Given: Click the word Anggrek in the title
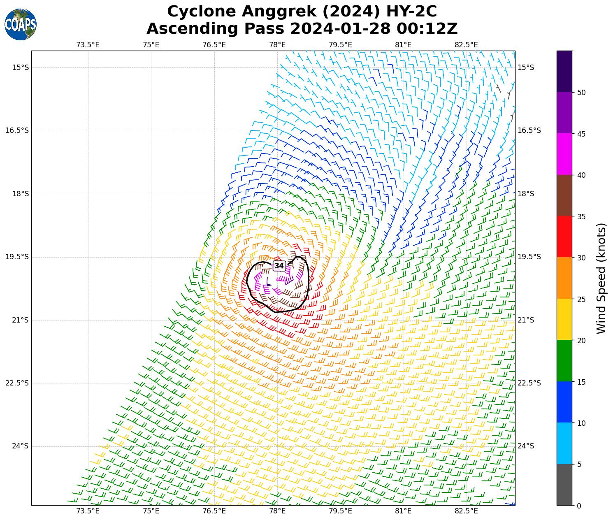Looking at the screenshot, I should [x=274, y=12].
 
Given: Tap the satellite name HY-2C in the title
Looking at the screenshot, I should [x=411, y=12].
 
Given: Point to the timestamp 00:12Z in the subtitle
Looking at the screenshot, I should [x=427, y=29].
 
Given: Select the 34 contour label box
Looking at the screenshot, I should [x=279, y=266].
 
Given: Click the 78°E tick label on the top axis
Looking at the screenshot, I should [x=277, y=45].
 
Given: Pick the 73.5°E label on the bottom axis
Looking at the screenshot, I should [x=88, y=511].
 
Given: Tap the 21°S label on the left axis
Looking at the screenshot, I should [x=21, y=320].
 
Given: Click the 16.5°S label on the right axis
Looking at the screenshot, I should [x=529, y=130].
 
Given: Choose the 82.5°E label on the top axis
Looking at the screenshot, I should [x=467, y=45].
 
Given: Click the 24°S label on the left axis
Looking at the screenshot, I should [x=21, y=446].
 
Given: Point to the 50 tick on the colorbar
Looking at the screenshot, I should [x=581, y=93].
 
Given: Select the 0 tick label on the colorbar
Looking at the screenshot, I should [x=579, y=506].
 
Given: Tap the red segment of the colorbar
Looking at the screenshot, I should [x=564, y=237].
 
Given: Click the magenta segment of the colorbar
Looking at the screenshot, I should [x=564, y=154].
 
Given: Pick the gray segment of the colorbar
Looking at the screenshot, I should [x=564, y=485].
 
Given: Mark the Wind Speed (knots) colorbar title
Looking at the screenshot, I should [x=601, y=278].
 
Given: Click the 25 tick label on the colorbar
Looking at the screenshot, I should [x=581, y=299].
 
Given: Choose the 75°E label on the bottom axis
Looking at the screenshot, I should [x=151, y=511].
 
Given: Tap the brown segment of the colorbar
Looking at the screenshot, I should [x=564, y=195].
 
